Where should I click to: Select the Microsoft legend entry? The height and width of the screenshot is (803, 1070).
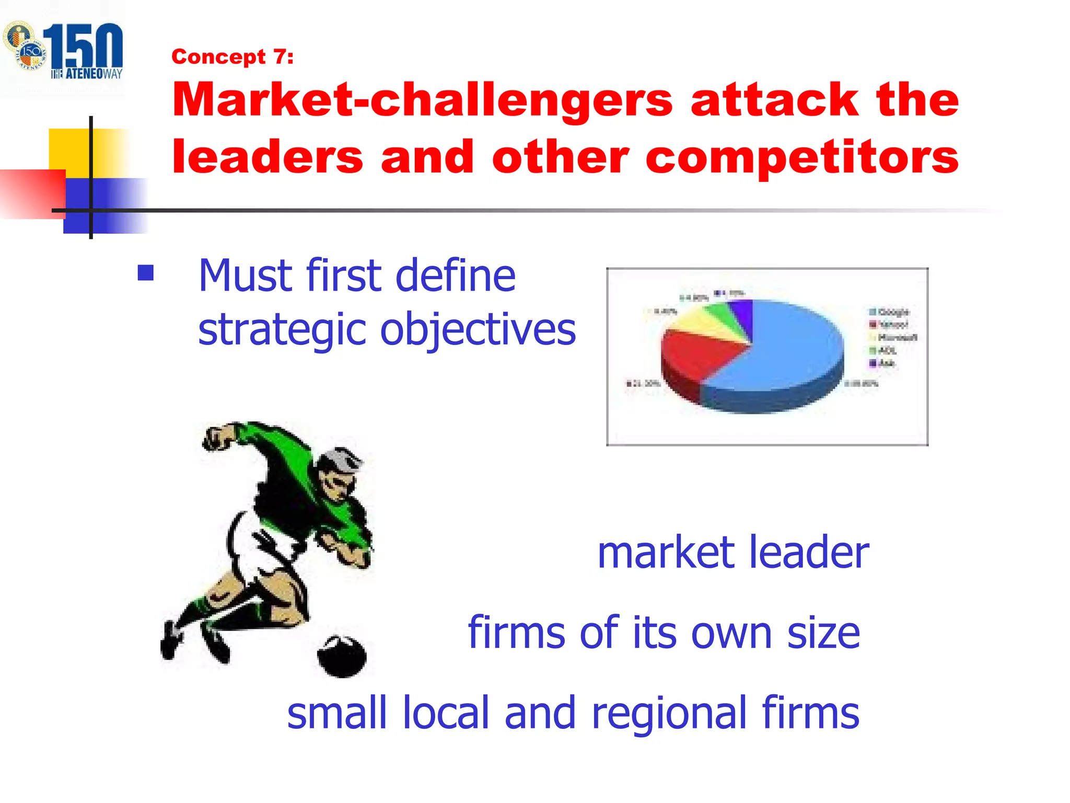pos(897,338)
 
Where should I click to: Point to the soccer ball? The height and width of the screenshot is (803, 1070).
pos(342,656)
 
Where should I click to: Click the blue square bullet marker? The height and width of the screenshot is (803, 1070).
pos(146,273)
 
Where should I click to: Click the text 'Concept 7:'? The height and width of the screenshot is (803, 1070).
pos(232,56)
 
